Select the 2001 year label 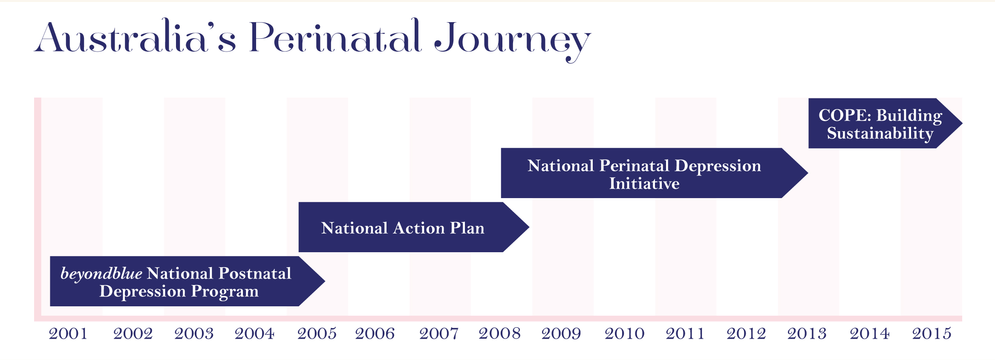tap(68, 334)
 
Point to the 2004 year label tap(254, 334)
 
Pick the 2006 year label tap(375, 334)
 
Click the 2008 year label tap(500, 334)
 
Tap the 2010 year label tap(625, 334)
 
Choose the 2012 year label tap(746, 334)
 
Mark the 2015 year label tap(932, 334)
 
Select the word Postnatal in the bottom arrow tap(255, 274)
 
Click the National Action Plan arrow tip tap(529, 227)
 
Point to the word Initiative tap(644, 184)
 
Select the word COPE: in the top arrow tap(845, 115)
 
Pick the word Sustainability tap(880, 134)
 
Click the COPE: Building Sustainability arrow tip tap(962, 123)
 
